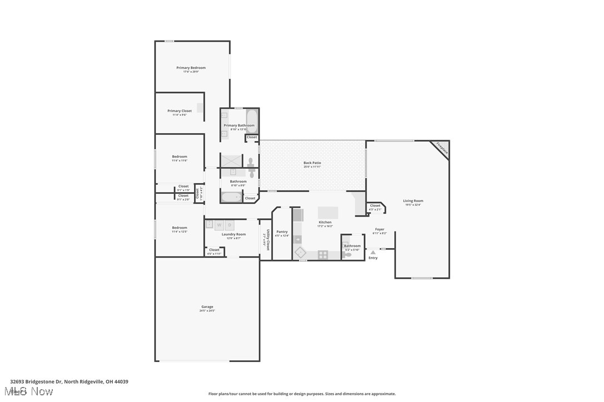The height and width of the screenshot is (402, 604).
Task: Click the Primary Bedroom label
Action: (x=191, y=68)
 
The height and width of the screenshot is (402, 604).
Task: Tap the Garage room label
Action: (x=207, y=306)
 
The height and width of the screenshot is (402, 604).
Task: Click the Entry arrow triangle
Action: (x=373, y=253)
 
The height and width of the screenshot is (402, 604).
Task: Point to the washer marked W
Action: (x=219, y=225)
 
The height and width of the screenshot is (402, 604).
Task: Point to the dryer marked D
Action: (x=229, y=225)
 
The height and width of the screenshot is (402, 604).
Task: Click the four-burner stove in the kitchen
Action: (x=323, y=255)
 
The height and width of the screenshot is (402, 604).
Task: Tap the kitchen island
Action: (x=328, y=213)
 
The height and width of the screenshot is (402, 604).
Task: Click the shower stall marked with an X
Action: (x=232, y=160)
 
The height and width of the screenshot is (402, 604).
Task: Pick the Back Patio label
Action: (x=312, y=163)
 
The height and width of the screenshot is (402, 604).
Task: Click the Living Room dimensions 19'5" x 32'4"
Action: (x=413, y=205)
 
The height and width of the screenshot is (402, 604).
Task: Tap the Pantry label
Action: (x=282, y=232)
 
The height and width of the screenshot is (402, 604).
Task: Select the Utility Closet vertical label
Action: (x=268, y=240)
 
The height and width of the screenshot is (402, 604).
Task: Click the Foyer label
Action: (x=379, y=229)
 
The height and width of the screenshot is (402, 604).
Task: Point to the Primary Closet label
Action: (x=179, y=111)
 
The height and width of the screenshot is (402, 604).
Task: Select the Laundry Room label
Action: (x=234, y=234)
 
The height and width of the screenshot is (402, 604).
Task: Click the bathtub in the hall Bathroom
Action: (x=231, y=197)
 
